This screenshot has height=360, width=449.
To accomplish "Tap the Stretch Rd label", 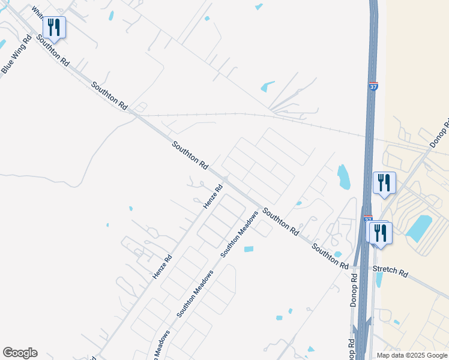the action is [390, 271].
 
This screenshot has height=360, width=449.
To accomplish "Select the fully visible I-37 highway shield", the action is [373, 86].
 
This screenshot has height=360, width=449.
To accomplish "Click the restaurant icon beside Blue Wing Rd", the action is [54, 27].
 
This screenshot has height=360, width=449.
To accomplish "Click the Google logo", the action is [20, 353].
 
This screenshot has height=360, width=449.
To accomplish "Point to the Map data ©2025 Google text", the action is [412, 355].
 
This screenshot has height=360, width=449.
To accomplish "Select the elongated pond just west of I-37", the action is [344, 176].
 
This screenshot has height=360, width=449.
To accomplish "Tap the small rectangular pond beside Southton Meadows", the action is [249, 249].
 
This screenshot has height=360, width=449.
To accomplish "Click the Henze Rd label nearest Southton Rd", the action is [212, 197].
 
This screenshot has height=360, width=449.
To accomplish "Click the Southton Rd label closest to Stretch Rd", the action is [330, 256].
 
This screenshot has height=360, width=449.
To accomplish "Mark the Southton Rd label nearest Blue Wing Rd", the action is [52, 50].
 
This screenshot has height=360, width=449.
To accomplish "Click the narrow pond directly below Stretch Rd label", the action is [379, 280].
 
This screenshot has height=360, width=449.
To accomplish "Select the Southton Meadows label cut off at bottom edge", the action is [161, 347].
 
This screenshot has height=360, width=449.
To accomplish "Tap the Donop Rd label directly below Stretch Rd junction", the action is [354, 291].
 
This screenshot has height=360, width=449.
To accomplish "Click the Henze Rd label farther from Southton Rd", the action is [162, 266].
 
